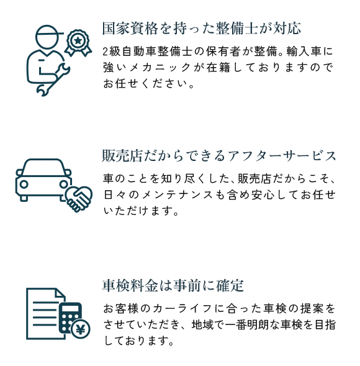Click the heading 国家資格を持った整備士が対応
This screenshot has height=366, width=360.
(x=202, y=29)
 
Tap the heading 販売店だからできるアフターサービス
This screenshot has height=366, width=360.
(x=219, y=156)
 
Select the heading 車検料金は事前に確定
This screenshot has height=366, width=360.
(x=173, y=285)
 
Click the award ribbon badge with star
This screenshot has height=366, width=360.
(x=78, y=43)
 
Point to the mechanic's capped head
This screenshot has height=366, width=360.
(x=48, y=37)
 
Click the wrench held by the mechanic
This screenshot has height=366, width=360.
(x=53, y=80)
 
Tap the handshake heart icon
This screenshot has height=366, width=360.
(x=79, y=199)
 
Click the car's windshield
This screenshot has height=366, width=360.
(x=43, y=168)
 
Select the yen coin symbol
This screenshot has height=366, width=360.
(x=81, y=329)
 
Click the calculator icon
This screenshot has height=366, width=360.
(x=70, y=318)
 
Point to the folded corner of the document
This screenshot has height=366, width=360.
(x=60, y=293)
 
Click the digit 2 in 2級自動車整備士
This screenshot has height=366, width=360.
(x=106, y=52)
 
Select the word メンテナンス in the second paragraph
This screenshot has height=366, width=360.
(x=177, y=195)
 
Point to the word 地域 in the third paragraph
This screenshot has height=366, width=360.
(x=202, y=324)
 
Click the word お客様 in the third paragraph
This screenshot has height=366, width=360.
(x=120, y=309)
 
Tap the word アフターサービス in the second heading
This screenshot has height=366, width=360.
(x=282, y=156)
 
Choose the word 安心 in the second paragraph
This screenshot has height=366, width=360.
(x=263, y=195)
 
